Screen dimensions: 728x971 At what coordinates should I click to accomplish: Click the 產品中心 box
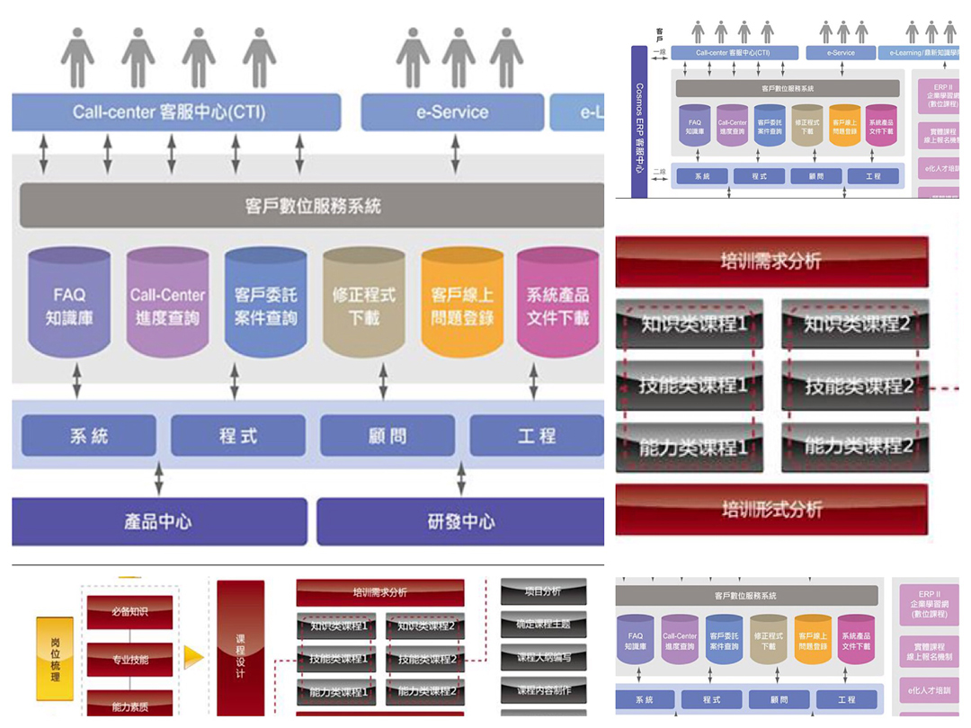point(158,522)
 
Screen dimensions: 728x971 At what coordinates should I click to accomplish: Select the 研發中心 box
point(459,522)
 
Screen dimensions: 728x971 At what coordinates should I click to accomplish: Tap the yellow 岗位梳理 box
point(55,659)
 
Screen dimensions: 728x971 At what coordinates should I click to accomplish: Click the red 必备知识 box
point(129,612)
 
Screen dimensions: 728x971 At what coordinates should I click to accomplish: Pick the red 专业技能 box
point(129,660)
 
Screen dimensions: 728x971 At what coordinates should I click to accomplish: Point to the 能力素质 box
point(129,706)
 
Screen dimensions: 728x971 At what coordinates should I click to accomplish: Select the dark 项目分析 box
point(543,592)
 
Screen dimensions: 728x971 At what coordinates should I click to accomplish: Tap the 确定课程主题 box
point(543,625)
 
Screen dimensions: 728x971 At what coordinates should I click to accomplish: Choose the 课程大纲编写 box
point(543,658)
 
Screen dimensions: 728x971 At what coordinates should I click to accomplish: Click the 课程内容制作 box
point(543,690)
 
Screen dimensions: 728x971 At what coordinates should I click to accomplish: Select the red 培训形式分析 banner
point(771,510)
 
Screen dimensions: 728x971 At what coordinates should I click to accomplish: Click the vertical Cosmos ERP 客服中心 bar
point(639,122)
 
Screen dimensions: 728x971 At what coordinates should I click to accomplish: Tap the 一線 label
point(659,53)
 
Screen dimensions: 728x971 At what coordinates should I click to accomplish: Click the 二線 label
point(659,173)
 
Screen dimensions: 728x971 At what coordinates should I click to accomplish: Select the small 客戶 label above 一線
point(659,34)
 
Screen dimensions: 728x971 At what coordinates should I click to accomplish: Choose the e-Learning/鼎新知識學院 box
point(918,53)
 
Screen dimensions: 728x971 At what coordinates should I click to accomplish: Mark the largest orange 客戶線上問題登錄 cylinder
point(462,304)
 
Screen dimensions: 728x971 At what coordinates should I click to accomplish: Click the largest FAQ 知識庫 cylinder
point(69,304)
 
